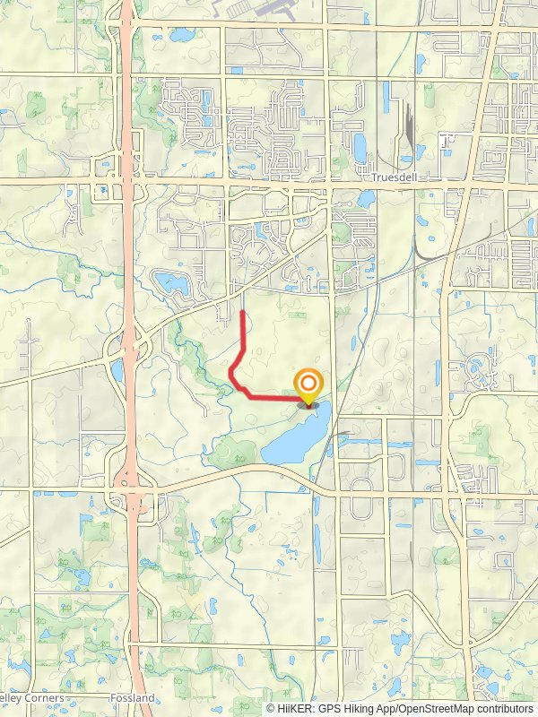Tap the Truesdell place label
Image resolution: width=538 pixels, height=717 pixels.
[390, 177]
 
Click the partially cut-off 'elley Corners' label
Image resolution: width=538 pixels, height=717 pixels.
[31, 698]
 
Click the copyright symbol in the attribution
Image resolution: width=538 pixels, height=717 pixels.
[271, 708]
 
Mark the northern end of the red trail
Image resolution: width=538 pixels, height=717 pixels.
[245, 311]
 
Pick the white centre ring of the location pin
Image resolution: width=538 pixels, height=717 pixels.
[308, 382]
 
